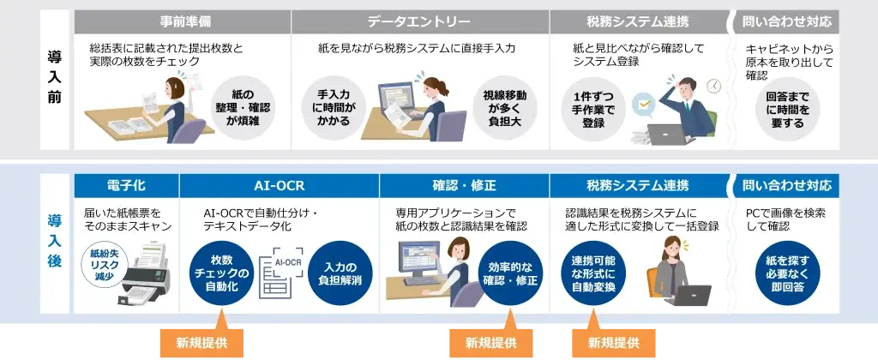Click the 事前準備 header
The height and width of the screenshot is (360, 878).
tap(182, 21)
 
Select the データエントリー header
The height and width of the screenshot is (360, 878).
tap(419, 21)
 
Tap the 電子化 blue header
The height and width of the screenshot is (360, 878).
tap(126, 185)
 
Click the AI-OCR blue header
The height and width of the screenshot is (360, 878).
tap(279, 185)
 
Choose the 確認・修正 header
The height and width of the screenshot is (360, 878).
tap(464, 185)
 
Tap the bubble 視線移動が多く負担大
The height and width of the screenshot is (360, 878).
tap(505, 108)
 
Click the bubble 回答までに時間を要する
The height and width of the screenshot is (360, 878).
tap(787, 108)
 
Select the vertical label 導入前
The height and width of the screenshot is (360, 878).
tap(54, 79)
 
